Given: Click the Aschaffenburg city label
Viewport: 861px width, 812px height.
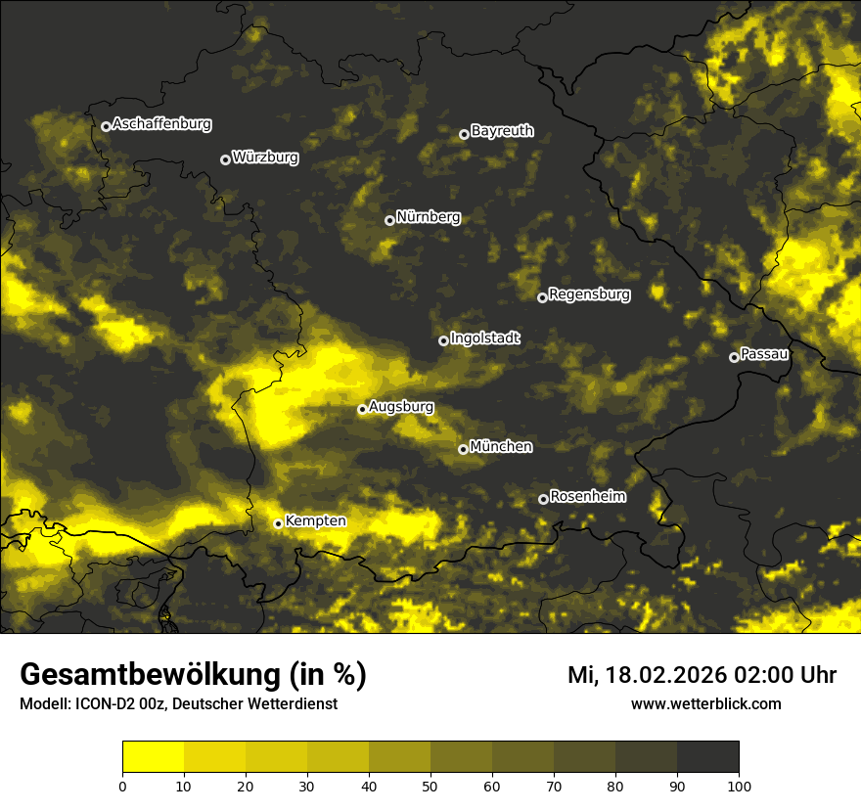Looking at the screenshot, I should pyautogui.click(x=161, y=124).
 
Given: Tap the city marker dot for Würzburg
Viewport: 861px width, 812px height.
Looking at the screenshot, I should pyautogui.click(x=225, y=159).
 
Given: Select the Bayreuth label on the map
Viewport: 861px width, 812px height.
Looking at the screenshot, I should pyautogui.click(x=502, y=130).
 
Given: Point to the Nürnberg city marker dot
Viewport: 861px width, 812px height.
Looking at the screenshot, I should pyautogui.click(x=389, y=220).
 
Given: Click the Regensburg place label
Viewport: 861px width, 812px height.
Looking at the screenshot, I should pyautogui.click(x=589, y=293).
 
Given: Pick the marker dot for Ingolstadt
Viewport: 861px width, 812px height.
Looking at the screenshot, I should pyautogui.click(x=443, y=340).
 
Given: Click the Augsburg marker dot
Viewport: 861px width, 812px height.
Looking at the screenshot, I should pyautogui.click(x=362, y=409).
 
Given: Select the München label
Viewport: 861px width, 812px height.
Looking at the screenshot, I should pyautogui.click(x=501, y=446).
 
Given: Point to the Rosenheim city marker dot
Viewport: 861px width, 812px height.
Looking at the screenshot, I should pyautogui.click(x=543, y=500).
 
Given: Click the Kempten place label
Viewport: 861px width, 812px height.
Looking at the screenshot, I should pyautogui.click(x=315, y=520).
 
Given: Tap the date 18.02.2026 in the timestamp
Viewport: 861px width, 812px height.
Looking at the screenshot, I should pyautogui.click(x=664, y=675).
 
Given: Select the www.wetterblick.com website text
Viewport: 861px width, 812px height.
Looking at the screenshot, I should pyautogui.click(x=705, y=703).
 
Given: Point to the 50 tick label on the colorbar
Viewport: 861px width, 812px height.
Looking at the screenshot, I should pyautogui.click(x=430, y=786).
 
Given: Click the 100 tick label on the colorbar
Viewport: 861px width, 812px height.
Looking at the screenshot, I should pyautogui.click(x=738, y=786).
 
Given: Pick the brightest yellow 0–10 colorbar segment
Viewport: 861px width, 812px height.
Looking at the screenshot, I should pyautogui.click(x=153, y=757).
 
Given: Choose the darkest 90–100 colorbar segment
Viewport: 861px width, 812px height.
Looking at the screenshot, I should pyautogui.click(x=707, y=757).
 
